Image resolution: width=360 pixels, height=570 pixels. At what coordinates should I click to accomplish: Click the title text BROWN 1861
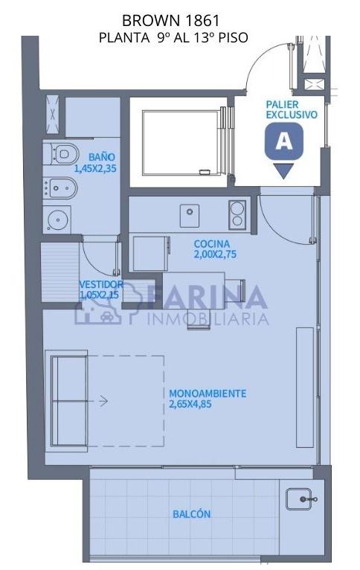pyautogui.click(x=171, y=21)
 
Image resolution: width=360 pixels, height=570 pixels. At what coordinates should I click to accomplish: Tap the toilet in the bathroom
pyautogui.click(x=61, y=154)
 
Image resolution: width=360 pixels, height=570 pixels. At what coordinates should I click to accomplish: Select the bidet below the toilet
pyautogui.click(x=60, y=188)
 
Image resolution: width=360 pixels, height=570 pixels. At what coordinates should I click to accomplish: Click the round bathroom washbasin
pyautogui.click(x=57, y=220)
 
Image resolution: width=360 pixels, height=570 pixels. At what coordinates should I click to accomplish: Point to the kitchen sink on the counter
pyautogui.click(x=189, y=216)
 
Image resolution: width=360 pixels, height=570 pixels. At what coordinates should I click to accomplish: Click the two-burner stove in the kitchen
pyautogui.click(x=237, y=214)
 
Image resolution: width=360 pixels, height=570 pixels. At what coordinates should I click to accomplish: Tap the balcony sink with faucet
pyautogui.click(x=299, y=499)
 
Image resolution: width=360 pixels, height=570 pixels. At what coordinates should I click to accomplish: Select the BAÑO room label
pyautogui.click(x=102, y=157)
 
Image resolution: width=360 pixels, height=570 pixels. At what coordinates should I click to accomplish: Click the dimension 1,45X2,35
pyautogui.click(x=95, y=168)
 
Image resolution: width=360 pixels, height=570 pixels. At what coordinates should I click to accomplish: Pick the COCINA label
pyautogui.click(x=212, y=244)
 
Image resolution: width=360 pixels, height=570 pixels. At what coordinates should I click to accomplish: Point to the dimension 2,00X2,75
pyautogui.click(x=215, y=254)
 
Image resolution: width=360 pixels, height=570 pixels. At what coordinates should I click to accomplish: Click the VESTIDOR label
pyautogui.click(x=101, y=284)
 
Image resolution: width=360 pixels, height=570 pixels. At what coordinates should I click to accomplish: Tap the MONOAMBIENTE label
pyautogui.click(x=208, y=394)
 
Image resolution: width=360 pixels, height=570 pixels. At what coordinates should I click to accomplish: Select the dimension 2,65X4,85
pyautogui.click(x=190, y=404)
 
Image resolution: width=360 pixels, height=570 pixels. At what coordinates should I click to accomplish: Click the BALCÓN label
pyautogui.click(x=191, y=514)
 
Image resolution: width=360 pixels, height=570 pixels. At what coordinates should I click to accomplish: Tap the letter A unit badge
pyautogui.click(x=284, y=141)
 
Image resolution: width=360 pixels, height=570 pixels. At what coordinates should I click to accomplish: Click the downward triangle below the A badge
pyautogui.click(x=283, y=171)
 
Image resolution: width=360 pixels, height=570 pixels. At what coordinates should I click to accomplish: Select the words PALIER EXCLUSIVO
pyautogui.click(x=292, y=109)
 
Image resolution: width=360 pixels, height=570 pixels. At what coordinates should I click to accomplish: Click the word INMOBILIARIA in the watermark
pyautogui.click(x=208, y=318)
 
